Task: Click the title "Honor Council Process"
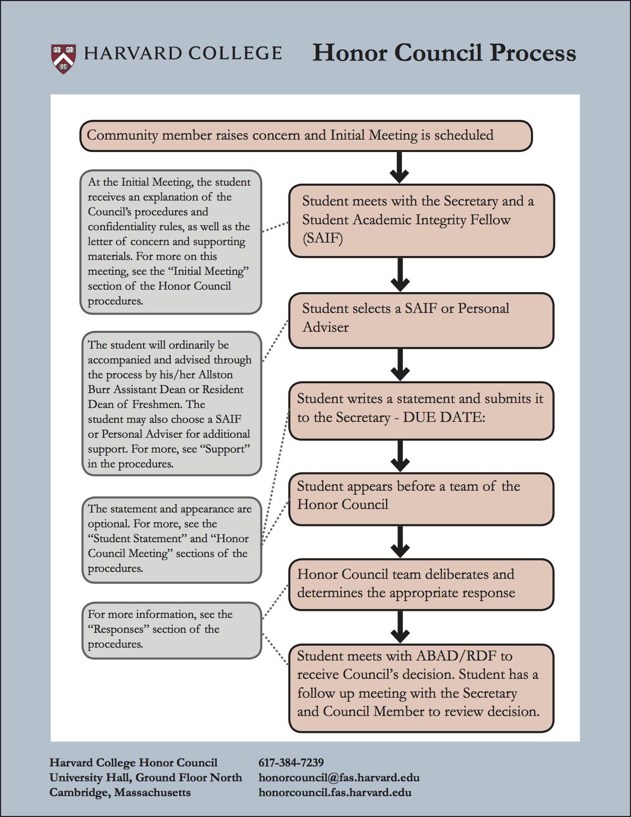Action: click(444, 52)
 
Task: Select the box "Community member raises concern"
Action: click(305, 135)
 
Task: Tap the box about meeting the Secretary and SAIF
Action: click(421, 220)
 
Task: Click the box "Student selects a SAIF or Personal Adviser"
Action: click(421, 320)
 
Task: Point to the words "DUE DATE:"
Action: click(444, 417)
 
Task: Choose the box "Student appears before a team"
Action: click(421, 498)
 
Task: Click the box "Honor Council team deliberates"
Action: click(421, 584)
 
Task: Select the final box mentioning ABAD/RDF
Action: click(421, 687)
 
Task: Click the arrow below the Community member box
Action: click(399, 167)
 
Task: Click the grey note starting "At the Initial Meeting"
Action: click(171, 242)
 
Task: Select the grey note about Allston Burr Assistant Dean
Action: click(171, 404)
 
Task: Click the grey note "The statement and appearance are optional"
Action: click(171, 539)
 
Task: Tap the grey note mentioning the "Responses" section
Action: click(171, 630)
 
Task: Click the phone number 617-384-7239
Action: click(291, 762)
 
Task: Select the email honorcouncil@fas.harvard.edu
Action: click(339, 777)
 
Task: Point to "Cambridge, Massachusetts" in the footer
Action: click(120, 792)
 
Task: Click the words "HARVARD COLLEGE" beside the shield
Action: click(183, 53)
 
